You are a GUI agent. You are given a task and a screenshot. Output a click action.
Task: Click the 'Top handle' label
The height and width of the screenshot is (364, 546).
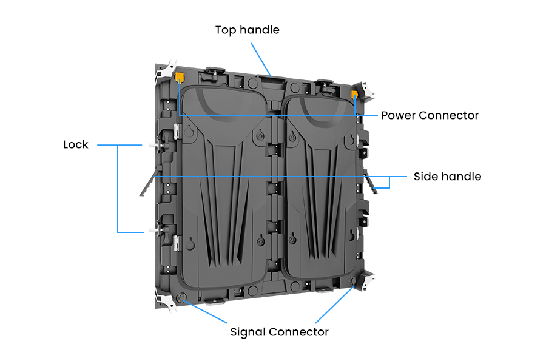click(x=248, y=30)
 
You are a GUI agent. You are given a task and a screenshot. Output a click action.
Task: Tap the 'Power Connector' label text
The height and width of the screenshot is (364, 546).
click(x=430, y=115)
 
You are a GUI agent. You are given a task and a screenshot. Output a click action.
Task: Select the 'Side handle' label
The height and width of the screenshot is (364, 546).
click(x=448, y=177)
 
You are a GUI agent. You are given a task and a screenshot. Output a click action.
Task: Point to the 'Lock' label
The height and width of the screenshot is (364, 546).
click(x=76, y=144)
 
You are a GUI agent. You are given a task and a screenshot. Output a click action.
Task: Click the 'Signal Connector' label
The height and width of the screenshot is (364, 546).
click(x=279, y=332)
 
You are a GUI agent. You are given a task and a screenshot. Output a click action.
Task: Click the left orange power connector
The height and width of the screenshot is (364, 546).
click(x=179, y=76)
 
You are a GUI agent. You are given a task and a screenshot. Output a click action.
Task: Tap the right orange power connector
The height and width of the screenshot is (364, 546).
click(x=354, y=95)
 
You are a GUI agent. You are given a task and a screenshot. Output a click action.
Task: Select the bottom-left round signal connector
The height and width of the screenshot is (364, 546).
click(x=181, y=297)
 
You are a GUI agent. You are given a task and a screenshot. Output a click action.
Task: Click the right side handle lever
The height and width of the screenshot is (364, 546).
click(x=370, y=181)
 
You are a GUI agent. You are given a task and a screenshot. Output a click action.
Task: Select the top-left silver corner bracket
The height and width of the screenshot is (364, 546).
click(x=166, y=72)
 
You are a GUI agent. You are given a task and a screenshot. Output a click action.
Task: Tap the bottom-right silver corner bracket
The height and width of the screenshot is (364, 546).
click(x=366, y=281)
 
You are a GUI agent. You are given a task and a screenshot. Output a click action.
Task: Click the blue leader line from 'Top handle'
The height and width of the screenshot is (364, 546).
click(x=261, y=59)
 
